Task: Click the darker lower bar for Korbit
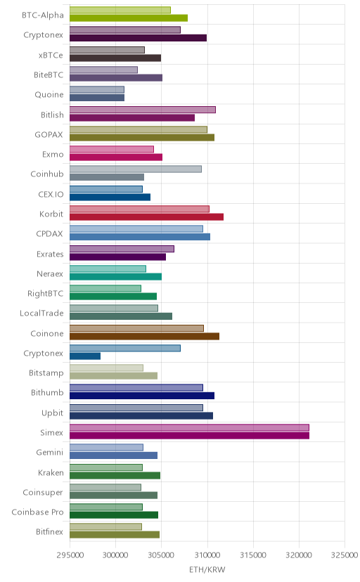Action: [x=146, y=217]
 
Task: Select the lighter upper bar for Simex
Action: [x=189, y=427]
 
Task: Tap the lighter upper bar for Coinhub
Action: [x=136, y=169]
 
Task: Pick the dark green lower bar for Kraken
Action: [x=115, y=475]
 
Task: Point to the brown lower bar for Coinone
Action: [x=144, y=336]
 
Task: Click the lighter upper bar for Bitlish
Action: [x=143, y=110]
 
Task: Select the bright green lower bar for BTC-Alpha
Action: [x=129, y=18]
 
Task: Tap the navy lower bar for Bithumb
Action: [x=142, y=396]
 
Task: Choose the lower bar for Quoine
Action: [x=97, y=98]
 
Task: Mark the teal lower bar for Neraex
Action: [x=115, y=276]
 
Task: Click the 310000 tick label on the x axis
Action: [x=207, y=555]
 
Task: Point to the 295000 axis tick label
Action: [x=70, y=555]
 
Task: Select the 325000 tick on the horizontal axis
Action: [x=345, y=555]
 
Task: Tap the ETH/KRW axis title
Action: [x=207, y=570]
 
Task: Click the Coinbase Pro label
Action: [x=37, y=512]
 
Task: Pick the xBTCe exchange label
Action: [x=51, y=56]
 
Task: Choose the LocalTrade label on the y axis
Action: [x=41, y=313]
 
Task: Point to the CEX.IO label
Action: [x=51, y=195]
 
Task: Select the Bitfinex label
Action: [x=50, y=532]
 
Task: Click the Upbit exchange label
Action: [x=52, y=413]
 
